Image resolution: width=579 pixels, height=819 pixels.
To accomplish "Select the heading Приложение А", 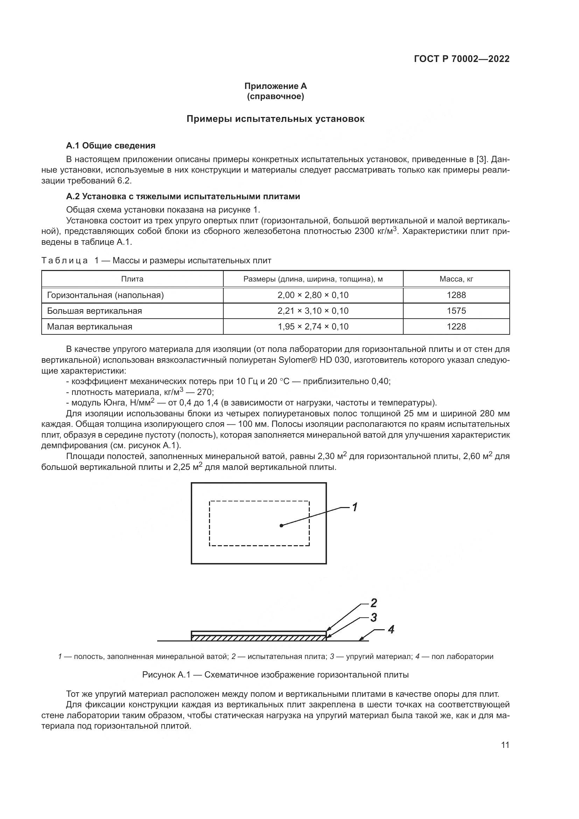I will (275, 86).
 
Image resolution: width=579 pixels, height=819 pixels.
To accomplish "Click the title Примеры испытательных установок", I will (275, 119).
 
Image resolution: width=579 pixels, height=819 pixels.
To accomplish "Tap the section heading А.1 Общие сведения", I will (111, 146).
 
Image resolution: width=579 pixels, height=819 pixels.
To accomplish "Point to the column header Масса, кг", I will (456, 279).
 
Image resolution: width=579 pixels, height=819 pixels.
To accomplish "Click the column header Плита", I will (132, 279).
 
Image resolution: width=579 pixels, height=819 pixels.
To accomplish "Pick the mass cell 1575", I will (456, 311).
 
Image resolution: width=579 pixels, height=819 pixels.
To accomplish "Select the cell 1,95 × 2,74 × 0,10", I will (313, 326).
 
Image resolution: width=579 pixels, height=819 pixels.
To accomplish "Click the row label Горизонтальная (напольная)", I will (105, 295).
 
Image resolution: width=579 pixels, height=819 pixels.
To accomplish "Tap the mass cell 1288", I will (456, 295).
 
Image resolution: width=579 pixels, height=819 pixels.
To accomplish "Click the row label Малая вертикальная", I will (90, 326).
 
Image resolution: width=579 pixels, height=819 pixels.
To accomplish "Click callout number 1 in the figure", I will (355, 507).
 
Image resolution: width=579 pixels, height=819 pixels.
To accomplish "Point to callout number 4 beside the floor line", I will (391, 630).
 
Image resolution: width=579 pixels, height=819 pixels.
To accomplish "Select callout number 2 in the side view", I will (373, 603).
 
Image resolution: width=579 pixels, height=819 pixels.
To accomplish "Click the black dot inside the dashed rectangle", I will (281, 525).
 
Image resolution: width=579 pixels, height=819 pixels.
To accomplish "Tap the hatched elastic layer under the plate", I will (258, 638).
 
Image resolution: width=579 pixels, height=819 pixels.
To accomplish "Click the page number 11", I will (505, 745).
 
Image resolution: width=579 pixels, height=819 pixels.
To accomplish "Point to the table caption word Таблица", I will (64, 261).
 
